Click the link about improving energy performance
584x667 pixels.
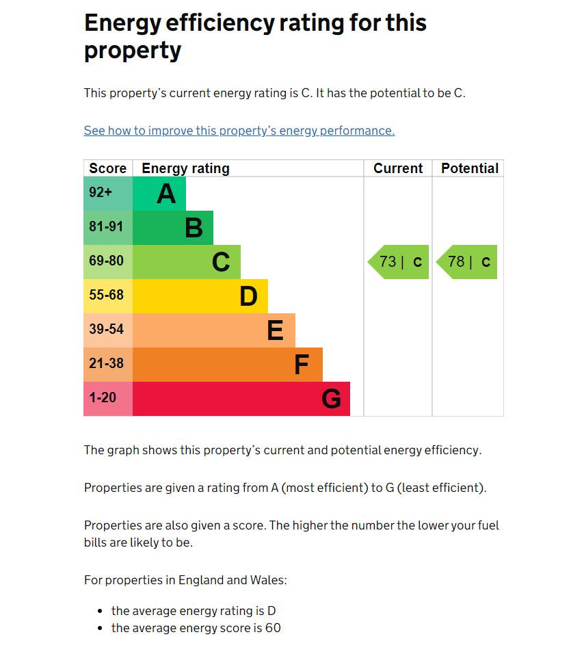click(239, 131)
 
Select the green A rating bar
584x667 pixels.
click(159, 194)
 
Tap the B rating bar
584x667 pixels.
click(172, 228)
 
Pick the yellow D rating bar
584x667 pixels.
click(200, 296)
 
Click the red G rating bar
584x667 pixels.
click(241, 399)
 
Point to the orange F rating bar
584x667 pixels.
click(227, 365)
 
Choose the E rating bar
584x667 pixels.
click(213, 330)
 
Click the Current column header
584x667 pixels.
click(398, 168)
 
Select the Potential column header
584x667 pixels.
click(469, 168)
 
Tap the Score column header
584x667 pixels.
click(107, 168)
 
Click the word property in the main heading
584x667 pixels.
click(132, 51)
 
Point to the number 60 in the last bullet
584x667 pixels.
click(273, 628)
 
